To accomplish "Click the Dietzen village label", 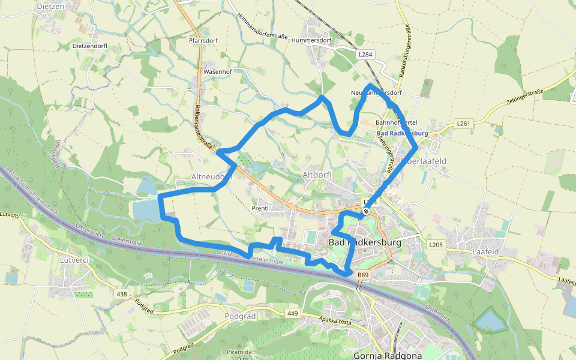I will (50, 7).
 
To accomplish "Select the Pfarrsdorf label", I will (202, 43).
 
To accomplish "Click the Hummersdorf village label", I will (311, 40).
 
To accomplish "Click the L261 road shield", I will (463, 124).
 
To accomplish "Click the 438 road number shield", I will (122, 294).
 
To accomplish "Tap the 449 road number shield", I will (293, 313).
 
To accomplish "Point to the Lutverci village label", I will (74, 260).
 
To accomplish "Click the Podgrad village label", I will (240, 316).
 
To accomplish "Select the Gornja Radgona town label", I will (388, 355).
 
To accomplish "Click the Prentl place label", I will (261, 208).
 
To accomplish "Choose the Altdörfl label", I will (317, 175).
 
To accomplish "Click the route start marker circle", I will (365, 211).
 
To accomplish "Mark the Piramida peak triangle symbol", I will (239, 346).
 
